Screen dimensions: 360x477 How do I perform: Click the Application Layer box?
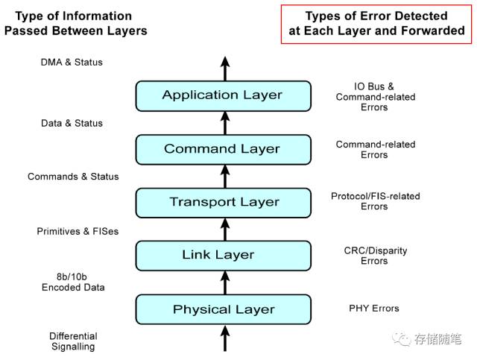(223, 95)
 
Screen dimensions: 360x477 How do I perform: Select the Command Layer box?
(223, 149)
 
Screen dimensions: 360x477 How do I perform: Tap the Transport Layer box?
(223, 202)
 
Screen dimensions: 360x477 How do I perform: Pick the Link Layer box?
(223, 256)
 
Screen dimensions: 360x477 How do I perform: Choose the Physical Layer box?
(223, 309)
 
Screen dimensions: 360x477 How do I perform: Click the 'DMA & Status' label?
(72, 62)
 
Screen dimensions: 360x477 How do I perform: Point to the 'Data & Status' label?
(72, 123)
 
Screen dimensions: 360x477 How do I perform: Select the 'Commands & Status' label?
(73, 177)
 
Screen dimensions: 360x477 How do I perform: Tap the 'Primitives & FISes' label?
(78, 231)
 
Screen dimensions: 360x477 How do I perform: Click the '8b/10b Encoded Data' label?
(73, 281)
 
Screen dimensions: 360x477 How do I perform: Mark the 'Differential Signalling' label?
(74, 341)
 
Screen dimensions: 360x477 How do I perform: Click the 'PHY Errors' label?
(374, 308)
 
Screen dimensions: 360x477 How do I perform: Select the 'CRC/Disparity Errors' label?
(376, 256)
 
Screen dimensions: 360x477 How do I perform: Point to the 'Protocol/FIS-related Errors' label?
(376, 201)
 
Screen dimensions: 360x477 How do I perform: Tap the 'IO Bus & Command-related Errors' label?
(376, 97)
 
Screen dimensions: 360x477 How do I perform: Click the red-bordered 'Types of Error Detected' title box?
(376, 23)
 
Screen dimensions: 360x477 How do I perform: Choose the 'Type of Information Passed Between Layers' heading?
(75, 23)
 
